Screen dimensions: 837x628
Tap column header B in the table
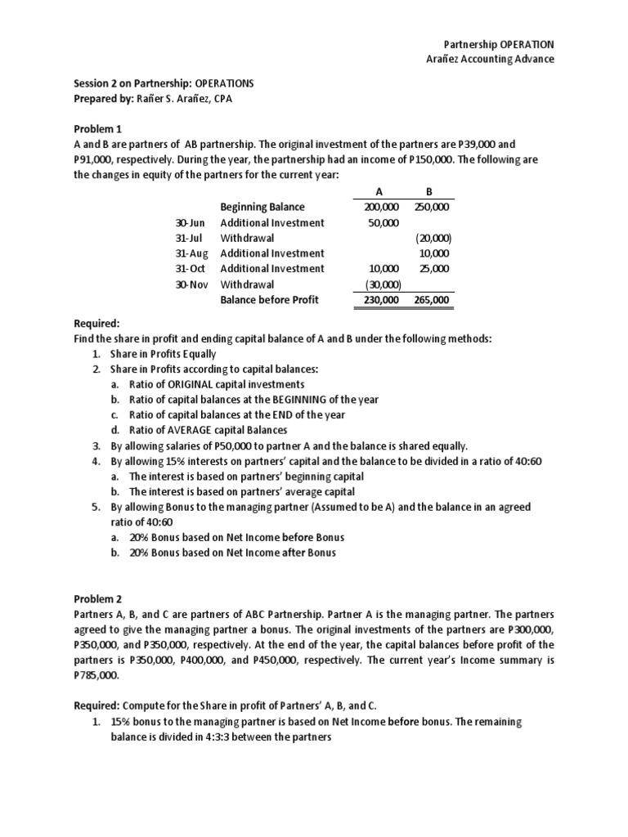point(429,192)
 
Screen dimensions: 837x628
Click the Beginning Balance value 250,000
point(431,208)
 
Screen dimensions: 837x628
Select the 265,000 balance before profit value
point(431,300)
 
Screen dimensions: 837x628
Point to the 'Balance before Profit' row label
point(269,300)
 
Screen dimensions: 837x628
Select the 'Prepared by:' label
point(102,99)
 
